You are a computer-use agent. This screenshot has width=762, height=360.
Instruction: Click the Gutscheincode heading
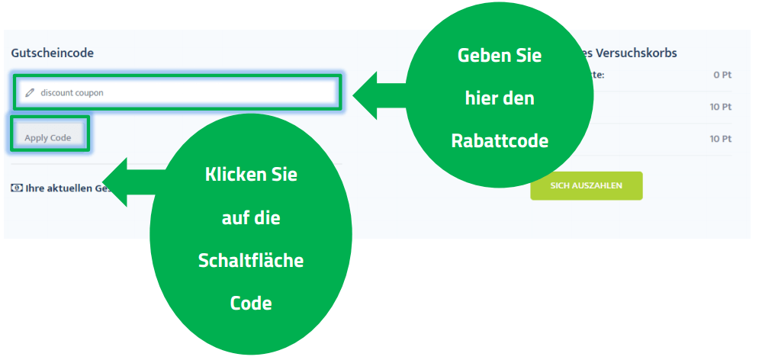[52, 53]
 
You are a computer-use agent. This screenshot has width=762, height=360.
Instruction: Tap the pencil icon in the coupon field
[31, 92]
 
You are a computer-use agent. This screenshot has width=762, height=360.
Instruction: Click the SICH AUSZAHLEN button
[586, 185]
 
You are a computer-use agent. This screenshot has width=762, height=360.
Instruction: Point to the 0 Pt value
[722, 75]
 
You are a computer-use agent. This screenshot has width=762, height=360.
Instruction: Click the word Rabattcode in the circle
[500, 141]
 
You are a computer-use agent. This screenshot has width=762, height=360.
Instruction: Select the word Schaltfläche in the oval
[251, 260]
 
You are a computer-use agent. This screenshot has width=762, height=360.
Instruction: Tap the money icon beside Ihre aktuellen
[16, 188]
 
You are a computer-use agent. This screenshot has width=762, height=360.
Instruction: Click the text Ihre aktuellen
[64, 188]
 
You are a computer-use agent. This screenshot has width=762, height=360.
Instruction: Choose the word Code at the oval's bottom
[251, 303]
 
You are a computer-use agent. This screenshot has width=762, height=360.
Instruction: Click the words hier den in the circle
[500, 98]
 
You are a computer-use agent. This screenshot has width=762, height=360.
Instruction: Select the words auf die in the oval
[251, 217]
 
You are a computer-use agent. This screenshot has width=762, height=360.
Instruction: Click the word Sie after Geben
[526, 56]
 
